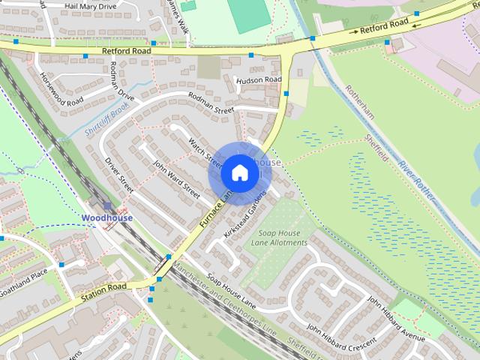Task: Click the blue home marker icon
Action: pyautogui.click(x=238, y=173)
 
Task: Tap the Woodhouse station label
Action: pyautogui.click(x=107, y=218)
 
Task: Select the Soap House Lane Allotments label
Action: pyautogui.click(x=278, y=238)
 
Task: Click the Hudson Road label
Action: pyautogui.click(x=259, y=79)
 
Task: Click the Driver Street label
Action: pyautogui.click(x=119, y=175)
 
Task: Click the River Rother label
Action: pyautogui.click(x=417, y=181)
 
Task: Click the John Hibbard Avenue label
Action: pyautogui.click(x=395, y=317)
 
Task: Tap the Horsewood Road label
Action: pyautogui.click(x=61, y=90)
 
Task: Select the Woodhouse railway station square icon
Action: pyautogui.click(x=107, y=205)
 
